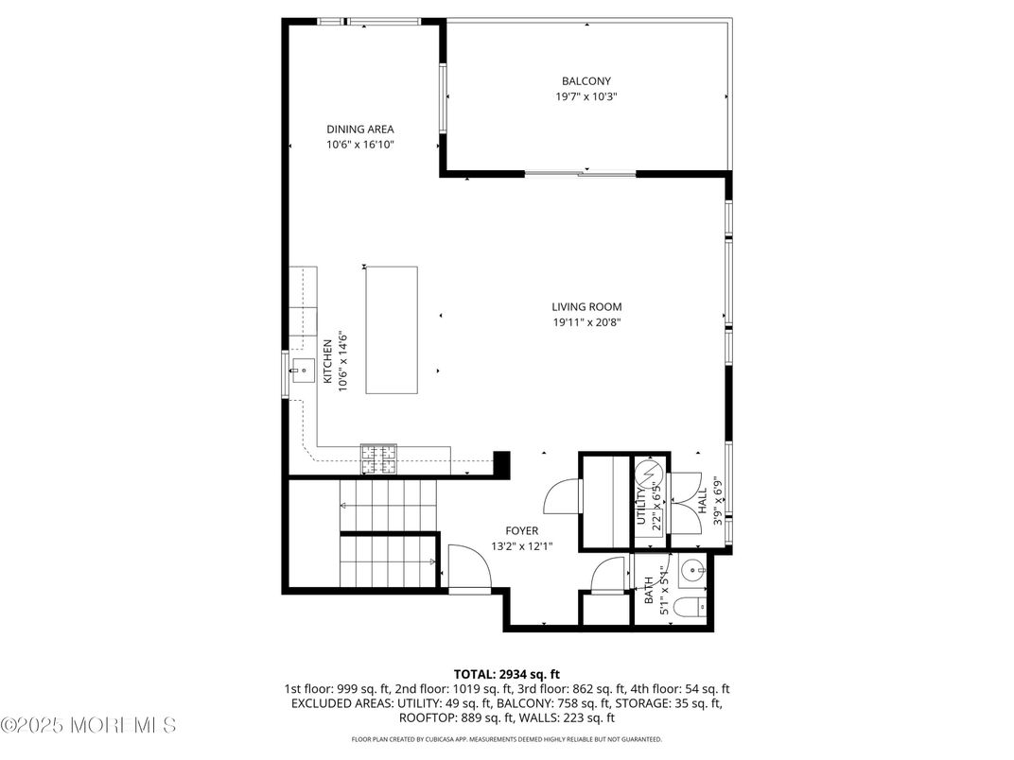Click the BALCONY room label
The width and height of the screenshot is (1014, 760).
[x=586, y=81]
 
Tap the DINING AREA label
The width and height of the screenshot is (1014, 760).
[x=359, y=130]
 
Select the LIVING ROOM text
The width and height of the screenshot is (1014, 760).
[x=586, y=306]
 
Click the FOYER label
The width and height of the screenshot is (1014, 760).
[x=521, y=530]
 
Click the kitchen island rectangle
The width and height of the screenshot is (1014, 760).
[x=392, y=330]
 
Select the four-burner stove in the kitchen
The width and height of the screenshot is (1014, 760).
[x=378, y=459]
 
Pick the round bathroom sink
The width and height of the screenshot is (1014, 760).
[x=692, y=571]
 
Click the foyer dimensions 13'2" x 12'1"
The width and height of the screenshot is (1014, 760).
[x=521, y=545]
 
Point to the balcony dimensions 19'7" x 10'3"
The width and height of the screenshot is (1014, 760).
[x=586, y=96]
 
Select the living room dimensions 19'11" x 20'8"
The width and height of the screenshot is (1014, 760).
[x=586, y=322]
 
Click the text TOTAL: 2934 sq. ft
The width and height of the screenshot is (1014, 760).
[x=506, y=674]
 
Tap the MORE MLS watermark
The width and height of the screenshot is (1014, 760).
[x=89, y=726]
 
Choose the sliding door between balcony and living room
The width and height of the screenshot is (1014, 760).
[x=580, y=174]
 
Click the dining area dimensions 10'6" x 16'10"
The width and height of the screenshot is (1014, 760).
[x=359, y=145]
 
